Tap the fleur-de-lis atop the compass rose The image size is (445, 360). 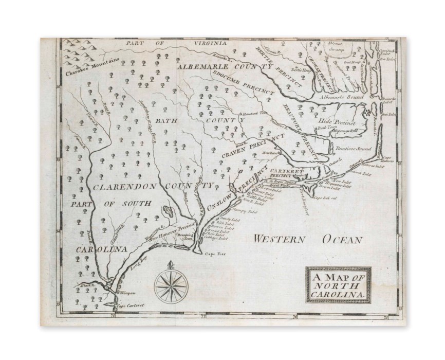click(x=171, y=265)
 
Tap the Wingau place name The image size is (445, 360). click(x=126, y=293)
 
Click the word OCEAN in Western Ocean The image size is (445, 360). click(x=343, y=240)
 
